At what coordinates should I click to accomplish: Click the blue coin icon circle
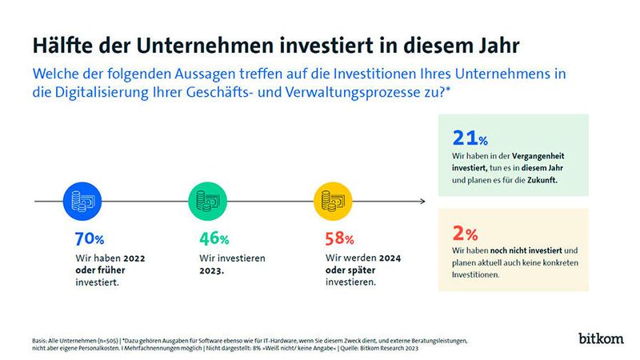[x=82, y=201]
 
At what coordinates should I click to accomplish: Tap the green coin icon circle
[x=208, y=201]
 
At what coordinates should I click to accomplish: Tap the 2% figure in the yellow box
[x=465, y=234]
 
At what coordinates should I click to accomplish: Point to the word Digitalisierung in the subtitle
[x=100, y=93]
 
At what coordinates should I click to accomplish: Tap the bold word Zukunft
[x=540, y=181]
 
